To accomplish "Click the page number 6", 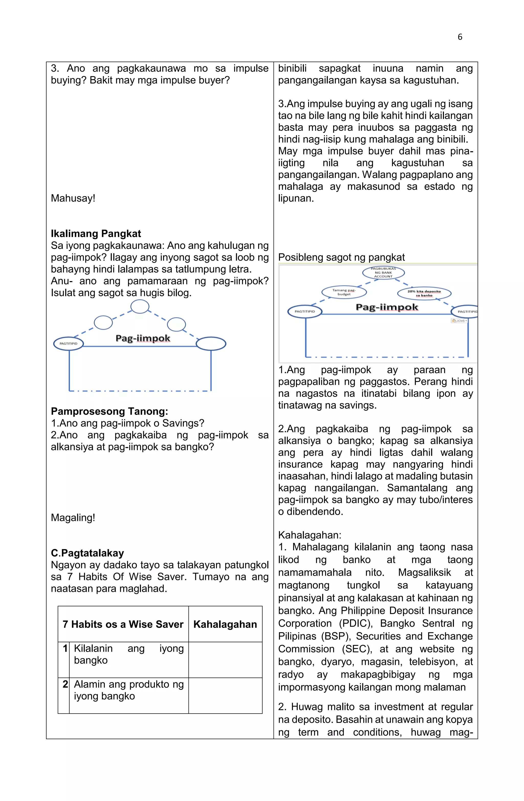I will pos(460,37).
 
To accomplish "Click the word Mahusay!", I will pos(73,198).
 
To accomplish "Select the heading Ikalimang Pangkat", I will pos(96,233).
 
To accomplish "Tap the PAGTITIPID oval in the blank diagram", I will pos(68,344).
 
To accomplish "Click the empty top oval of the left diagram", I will pos(140,307).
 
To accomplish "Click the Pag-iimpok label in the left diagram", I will pos(143,338).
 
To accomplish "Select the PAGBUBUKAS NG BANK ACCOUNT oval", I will pos(383,273).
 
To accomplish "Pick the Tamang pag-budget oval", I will pos(344,292).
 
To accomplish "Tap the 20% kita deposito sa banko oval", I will pos(424,293).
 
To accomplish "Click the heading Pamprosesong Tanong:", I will pos(110,411).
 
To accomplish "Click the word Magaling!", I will pos(73,517).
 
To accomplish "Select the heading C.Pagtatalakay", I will pos(87,553).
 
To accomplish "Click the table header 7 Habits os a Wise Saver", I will pos(123,624).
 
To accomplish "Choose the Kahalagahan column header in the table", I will pos(225,624).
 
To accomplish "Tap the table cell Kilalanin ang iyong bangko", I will pos(129,654).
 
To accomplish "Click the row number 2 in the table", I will pos(65,684).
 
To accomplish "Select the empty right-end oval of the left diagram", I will pos(211,344).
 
